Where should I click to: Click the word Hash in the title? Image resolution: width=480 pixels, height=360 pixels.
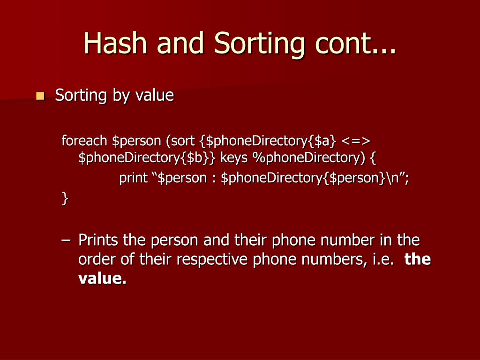pos(116,43)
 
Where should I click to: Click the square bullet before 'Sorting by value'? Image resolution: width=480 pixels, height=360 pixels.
pos(40,97)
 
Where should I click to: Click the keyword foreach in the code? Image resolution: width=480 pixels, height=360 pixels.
pos(85,140)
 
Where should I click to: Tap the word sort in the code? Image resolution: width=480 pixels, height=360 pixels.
pos(180,140)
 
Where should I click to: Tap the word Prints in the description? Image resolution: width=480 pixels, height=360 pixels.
pos(98,241)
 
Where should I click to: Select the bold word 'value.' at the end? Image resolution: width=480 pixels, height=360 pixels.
pos(102,279)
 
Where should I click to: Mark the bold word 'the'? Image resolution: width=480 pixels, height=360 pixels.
pos(418,260)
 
